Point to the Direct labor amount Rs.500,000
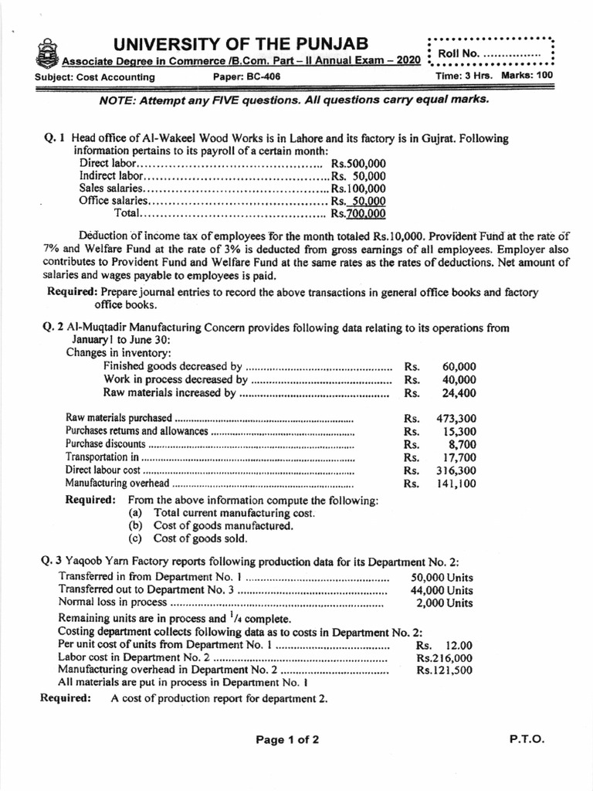(358, 164)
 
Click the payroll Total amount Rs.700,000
(358, 213)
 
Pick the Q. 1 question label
(55, 139)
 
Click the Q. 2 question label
(55, 328)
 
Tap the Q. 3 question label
(55, 562)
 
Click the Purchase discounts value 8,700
(463, 444)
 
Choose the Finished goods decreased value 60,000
(460, 366)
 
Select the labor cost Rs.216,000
(445, 658)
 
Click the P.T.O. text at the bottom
(527, 738)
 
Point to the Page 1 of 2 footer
(287, 739)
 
